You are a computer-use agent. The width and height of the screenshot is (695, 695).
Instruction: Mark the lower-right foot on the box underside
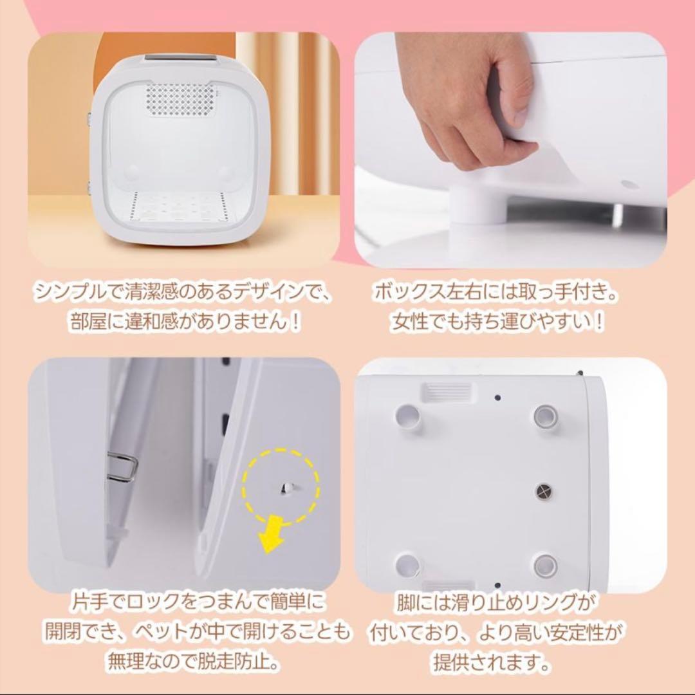(x=544, y=565)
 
